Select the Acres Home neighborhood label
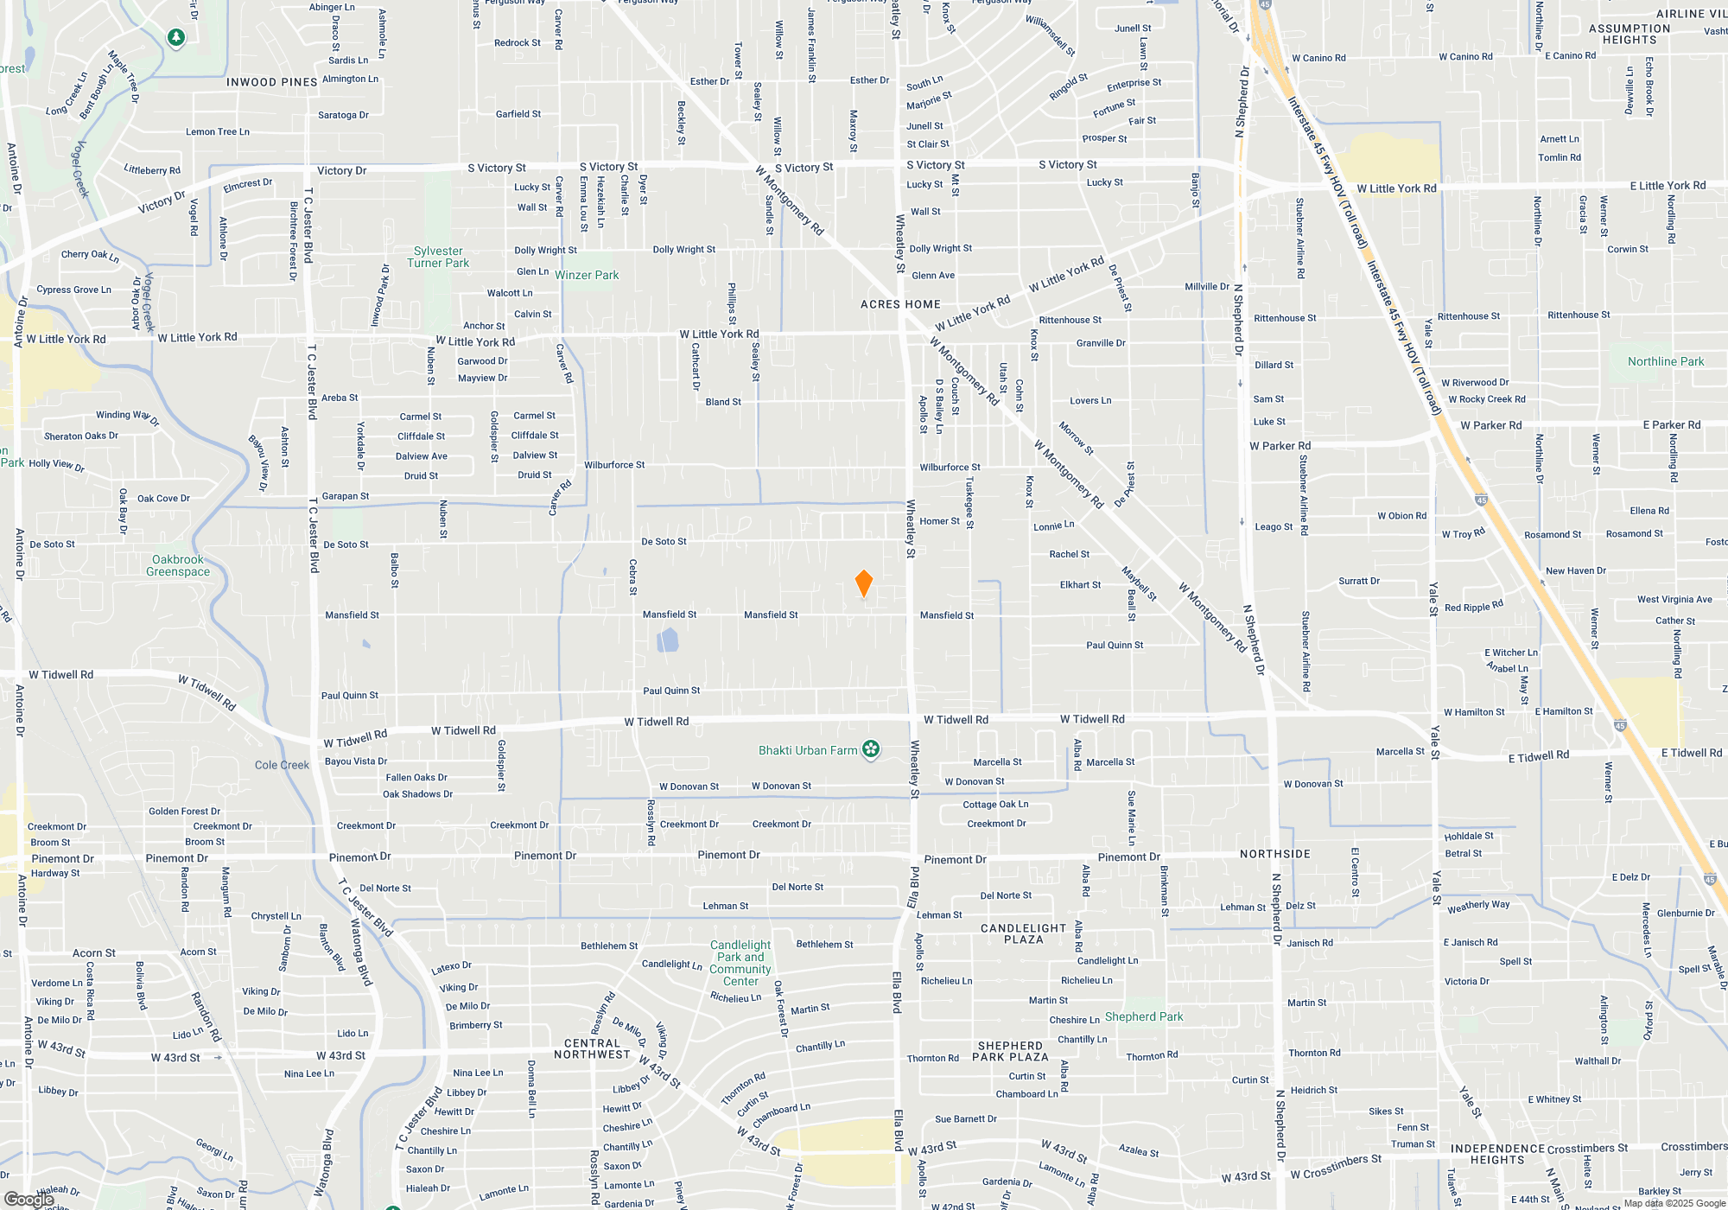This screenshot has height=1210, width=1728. pyautogui.click(x=900, y=304)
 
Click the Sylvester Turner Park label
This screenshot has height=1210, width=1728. pyautogui.click(x=438, y=258)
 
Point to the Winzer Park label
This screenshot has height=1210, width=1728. pyautogui.click(x=587, y=276)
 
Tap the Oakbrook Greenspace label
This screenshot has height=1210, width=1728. pyautogui.click(x=178, y=565)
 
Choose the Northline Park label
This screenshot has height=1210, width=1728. pyautogui.click(x=1666, y=361)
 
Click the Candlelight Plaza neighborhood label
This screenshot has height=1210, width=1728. pyautogui.click(x=1024, y=933)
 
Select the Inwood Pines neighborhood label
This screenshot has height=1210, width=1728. pyautogui.click(x=272, y=82)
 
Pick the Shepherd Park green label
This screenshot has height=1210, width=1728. pyautogui.click(x=1144, y=1016)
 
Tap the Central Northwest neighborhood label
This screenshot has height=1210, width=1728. pyautogui.click(x=593, y=1048)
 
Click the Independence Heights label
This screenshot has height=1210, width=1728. pyautogui.click(x=1497, y=1154)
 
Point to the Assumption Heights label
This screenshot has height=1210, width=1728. pyautogui.click(x=1630, y=34)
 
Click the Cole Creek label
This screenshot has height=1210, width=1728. pyautogui.click(x=282, y=765)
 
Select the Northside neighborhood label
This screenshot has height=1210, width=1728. pyautogui.click(x=1275, y=854)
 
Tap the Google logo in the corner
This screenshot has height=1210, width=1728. pyautogui.click(x=29, y=1200)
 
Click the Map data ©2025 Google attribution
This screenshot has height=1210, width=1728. pyautogui.click(x=1674, y=1203)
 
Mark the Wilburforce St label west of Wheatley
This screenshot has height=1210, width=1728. pyautogui.click(x=614, y=465)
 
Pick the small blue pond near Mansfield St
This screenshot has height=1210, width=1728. pyautogui.click(x=667, y=640)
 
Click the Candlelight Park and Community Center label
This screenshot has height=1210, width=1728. pyautogui.click(x=740, y=963)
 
